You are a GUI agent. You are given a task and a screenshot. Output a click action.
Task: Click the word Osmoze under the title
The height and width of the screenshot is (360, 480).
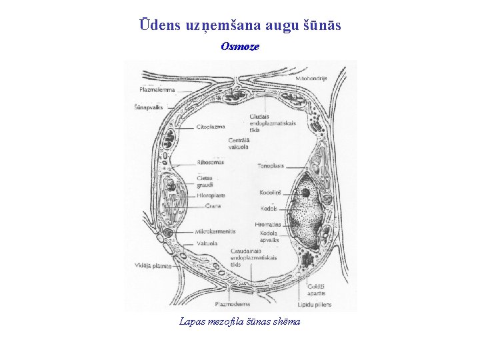(x=239, y=47)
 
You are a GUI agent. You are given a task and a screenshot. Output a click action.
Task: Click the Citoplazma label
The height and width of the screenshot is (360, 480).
(x=211, y=127)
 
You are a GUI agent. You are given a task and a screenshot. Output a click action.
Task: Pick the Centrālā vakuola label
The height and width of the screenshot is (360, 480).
(x=239, y=143)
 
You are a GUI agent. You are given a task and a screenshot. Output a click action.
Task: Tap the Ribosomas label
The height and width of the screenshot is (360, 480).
(x=211, y=162)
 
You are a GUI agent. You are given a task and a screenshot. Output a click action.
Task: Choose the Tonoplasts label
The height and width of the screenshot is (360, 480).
(x=273, y=165)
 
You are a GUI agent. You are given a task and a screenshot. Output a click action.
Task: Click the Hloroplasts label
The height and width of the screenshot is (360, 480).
(x=211, y=196)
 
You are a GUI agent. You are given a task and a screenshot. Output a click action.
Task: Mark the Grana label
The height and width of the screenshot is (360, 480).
(x=213, y=206)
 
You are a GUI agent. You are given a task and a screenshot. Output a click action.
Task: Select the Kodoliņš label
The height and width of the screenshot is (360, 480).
(x=271, y=193)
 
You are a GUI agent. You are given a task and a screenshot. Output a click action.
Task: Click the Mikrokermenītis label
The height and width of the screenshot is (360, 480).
(x=215, y=231)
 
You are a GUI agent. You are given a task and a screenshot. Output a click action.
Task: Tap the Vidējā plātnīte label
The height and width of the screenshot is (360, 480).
(x=153, y=266)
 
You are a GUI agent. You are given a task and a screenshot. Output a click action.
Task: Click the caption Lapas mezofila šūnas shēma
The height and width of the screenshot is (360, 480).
(x=240, y=321)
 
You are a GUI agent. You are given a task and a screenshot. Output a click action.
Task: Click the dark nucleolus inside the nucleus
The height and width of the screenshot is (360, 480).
(x=305, y=193)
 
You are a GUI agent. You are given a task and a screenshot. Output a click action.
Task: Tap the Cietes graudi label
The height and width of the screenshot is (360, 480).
(x=205, y=182)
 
